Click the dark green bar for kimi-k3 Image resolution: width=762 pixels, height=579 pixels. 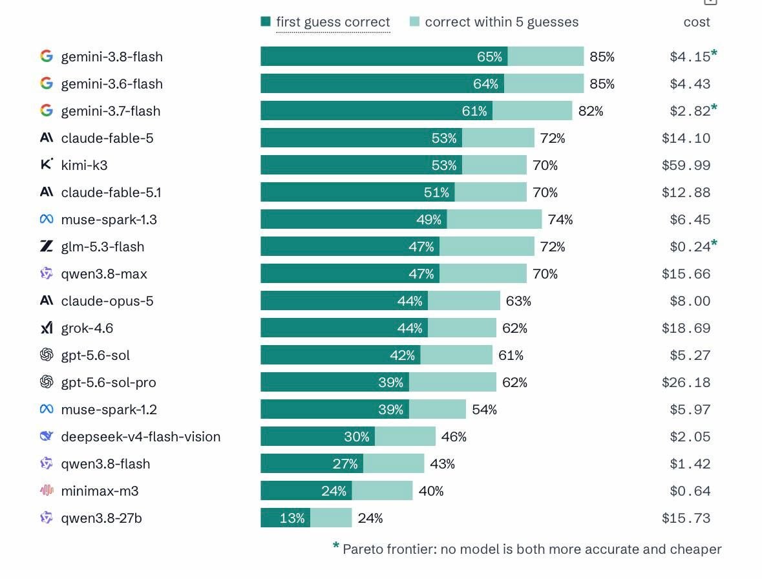pos(361,165)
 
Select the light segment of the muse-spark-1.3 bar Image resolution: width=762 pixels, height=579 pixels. pos(494,219)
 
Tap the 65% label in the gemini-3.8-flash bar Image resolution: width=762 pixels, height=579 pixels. pos(489,57)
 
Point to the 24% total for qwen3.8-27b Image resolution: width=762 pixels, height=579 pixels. pos(370,518)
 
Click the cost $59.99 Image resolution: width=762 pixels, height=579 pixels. pos(686,165)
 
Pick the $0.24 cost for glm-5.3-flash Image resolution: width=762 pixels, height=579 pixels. pos(690,247)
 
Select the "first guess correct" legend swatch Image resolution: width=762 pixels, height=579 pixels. pos(266,21)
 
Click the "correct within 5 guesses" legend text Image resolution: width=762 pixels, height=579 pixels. pos(502,22)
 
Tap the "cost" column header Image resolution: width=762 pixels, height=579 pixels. pos(696,22)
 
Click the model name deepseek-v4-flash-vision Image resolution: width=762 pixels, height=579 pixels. pos(140,437)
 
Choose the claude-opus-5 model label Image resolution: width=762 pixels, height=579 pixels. pos(107,301)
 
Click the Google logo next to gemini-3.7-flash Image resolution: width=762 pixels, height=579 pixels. pos(47,111)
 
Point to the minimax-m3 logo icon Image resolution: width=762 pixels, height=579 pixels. pos(47,490)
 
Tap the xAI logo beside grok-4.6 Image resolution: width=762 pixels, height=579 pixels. pos(47,328)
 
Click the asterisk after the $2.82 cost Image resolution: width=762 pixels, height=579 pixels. pos(714,107)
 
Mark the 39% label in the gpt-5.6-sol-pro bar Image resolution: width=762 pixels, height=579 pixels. pos(391,383)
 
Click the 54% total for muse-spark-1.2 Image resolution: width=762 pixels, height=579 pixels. pos(485,410)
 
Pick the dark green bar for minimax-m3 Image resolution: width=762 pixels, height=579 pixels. pos(306,490)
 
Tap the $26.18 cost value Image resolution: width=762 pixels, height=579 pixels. pos(686,383)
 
